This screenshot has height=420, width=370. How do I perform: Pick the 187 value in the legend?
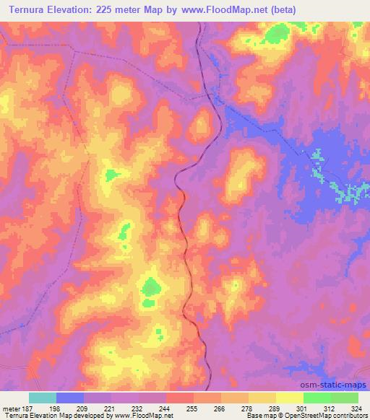click(28, 409)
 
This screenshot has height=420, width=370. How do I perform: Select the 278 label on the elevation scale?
click(220, 409)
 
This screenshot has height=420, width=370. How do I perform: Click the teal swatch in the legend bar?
click(43, 398)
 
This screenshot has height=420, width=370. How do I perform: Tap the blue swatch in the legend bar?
click(70, 398)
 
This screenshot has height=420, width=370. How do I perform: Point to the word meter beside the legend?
click(11, 409)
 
